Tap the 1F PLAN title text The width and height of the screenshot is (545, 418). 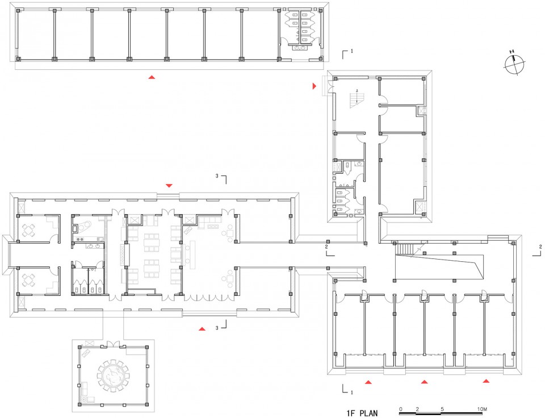click(x=362, y=413)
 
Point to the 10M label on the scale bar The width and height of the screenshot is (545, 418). click(x=482, y=409)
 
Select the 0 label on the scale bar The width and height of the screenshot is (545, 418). click(x=401, y=409)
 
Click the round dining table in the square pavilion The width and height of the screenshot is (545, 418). click(x=113, y=375)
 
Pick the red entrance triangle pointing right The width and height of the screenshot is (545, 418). click(x=315, y=86)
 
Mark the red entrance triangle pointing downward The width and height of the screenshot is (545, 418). click(x=169, y=186)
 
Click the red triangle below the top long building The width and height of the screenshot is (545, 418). click(x=152, y=77)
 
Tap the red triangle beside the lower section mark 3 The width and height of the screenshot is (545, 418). click(x=202, y=329)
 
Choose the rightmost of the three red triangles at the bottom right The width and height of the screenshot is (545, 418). click(x=486, y=381)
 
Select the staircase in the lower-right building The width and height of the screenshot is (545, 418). click(x=404, y=249)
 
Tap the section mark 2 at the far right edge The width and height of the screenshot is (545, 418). click(x=537, y=251)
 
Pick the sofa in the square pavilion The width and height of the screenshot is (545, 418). click(x=85, y=389)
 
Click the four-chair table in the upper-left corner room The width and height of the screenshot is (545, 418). click(x=28, y=230)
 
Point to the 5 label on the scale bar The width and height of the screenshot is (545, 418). click(x=442, y=409)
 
